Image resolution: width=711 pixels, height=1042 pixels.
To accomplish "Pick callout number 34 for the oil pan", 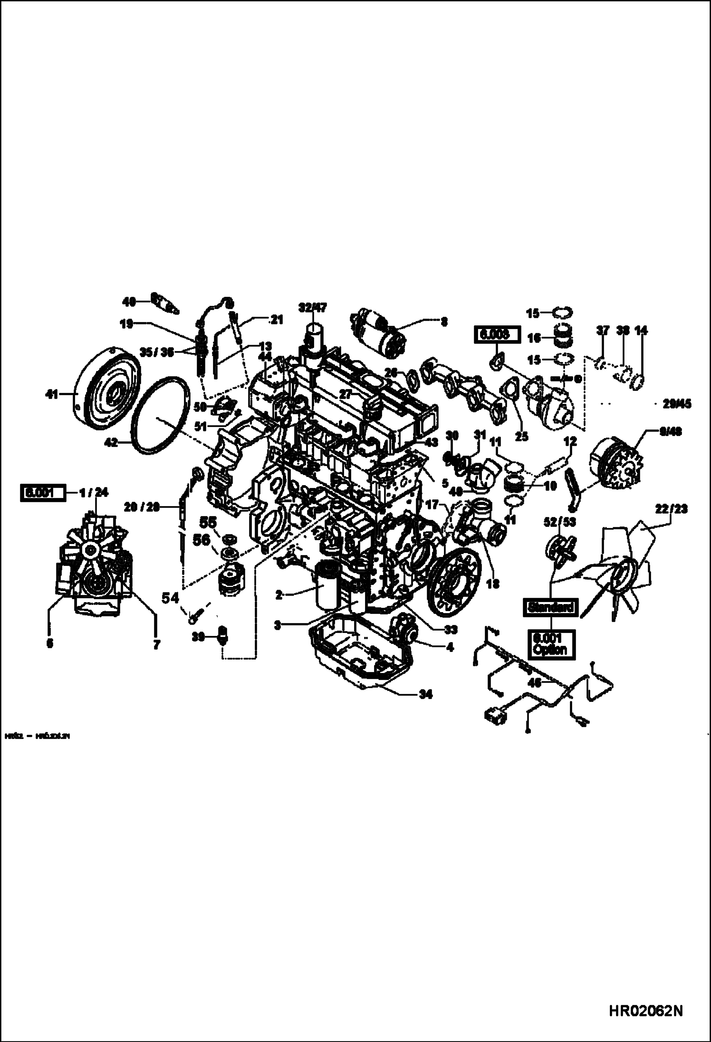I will (425, 695).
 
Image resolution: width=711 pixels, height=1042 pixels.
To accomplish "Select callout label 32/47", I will (313, 307).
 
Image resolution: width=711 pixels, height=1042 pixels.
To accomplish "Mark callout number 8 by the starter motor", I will (443, 322).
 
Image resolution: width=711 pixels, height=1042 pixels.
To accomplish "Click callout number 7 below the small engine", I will (156, 645).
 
